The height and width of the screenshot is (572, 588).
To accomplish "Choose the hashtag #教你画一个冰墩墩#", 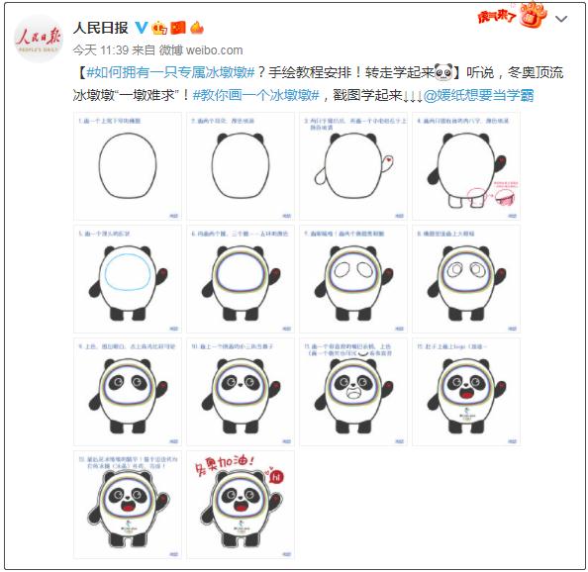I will pyautogui.click(x=256, y=94).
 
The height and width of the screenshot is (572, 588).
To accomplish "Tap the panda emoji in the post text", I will pyautogui.click(x=443, y=72).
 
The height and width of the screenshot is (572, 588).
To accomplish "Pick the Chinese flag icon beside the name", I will pyautogui.click(x=178, y=27).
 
